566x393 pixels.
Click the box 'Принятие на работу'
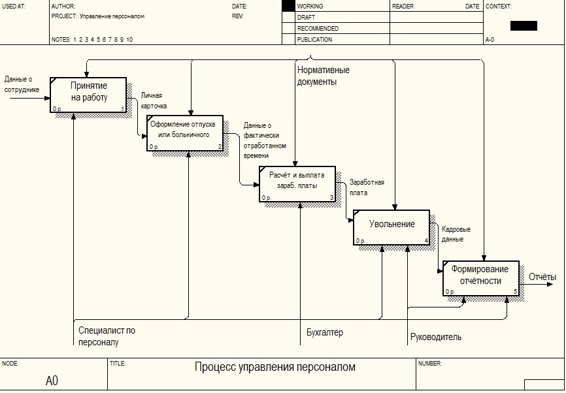tap(88, 95)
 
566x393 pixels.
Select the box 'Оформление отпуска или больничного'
tap(185, 133)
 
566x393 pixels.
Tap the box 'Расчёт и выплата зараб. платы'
tap(297, 184)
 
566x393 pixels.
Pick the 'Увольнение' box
tap(391, 227)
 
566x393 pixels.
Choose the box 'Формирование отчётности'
tap(481, 278)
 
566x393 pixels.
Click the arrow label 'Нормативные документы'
tap(323, 76)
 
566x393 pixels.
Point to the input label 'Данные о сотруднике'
tap(22, 84)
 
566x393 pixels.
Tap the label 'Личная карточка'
tap(154, 101)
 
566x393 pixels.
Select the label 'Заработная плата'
tap(367, 187)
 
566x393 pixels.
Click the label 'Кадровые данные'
tap(456, 234)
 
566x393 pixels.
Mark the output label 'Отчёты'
tap(542, 277)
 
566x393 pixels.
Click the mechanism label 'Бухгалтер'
tap(325, 332)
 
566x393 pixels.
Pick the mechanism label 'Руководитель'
tap(436, 337)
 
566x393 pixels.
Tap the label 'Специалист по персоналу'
tap(107, 336)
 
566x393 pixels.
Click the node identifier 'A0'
tap(52, 381)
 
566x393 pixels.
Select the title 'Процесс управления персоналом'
tap(275, 367)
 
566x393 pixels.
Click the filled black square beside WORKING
tap(288, 6)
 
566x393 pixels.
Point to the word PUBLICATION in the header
tap(314, 40)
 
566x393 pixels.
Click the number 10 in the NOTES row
tap(129, 40)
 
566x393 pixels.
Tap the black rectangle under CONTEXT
tap(524, 25)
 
